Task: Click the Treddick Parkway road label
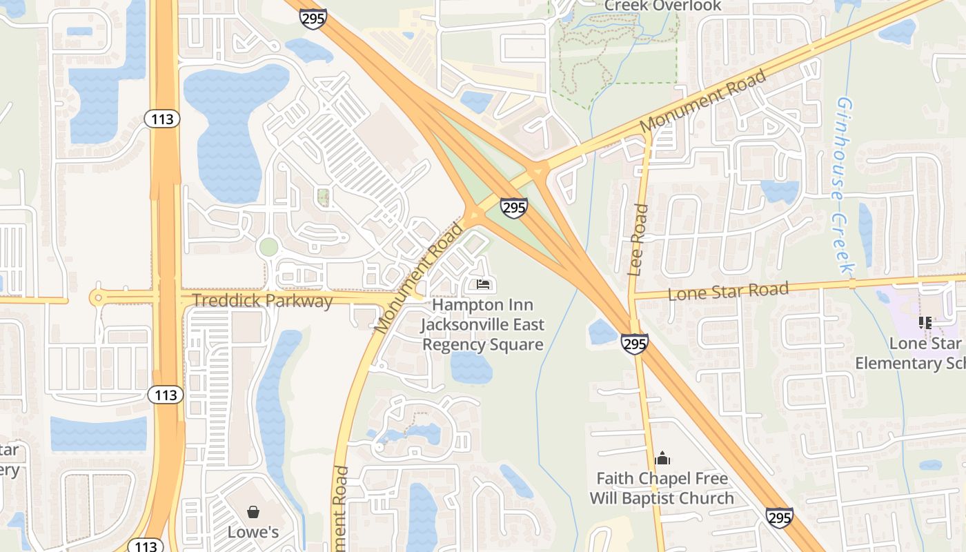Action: (262, 301)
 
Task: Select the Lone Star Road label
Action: (728, 291)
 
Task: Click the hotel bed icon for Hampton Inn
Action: (483, 284)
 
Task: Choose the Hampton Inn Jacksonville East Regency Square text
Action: (482, 324)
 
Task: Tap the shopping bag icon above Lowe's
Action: (253, 512)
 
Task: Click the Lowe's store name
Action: (253, 532)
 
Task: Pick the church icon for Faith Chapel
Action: (662, 458)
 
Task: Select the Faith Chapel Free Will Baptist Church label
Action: (662, 488)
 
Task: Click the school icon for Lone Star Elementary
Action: (925, 322)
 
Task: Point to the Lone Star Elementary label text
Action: (909, 353)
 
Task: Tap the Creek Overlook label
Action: (662, 6)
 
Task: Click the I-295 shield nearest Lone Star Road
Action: (634, 344)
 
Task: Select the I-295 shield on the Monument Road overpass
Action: (514, 207)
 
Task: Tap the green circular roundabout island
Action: (268, 246)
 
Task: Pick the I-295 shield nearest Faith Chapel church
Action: (778, 517)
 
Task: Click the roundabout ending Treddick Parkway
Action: (98, 298)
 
